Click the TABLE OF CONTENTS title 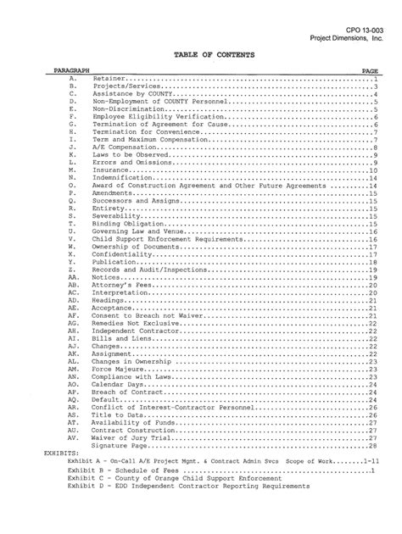(201, 54)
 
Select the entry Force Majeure (118, 370)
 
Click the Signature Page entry (120, 445)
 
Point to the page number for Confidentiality (373, 254)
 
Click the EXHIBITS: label (61, 453)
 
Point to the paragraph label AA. (74, 277)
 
